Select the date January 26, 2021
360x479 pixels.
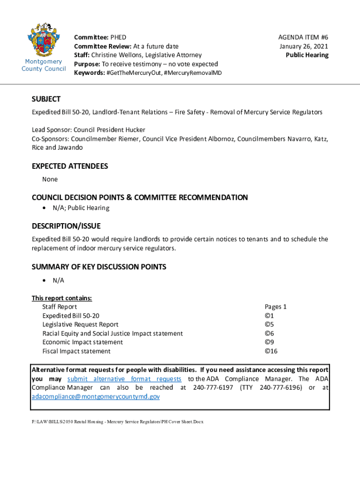coord(304,46)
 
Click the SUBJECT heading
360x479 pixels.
coord(46,99)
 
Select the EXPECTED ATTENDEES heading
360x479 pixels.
coord(70,166)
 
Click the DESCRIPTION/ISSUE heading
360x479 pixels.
coord(66,226)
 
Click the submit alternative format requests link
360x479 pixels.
coord(124,378)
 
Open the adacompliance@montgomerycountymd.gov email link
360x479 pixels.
coord(95,396)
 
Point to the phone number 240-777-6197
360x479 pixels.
coord(213,387)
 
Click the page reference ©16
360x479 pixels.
coord(272,351)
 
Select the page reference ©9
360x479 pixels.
coord(269,342)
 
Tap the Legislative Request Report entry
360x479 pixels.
coord(80,325)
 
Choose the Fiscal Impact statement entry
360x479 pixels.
coord(77,351)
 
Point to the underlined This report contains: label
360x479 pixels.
coord(62,298)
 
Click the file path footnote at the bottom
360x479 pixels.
coord(117,422)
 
